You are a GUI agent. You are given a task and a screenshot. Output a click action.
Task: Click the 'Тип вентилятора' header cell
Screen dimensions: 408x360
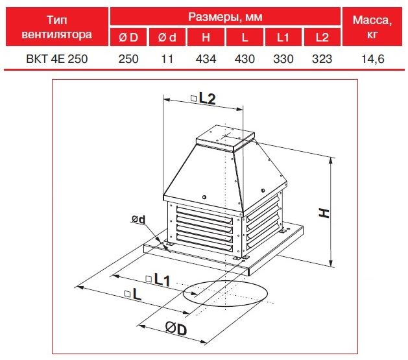pos(56,27)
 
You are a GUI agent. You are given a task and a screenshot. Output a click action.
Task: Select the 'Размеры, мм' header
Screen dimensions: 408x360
pos(225,16)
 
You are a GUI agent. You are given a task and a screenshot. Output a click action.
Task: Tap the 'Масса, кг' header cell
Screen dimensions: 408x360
pos(372,27)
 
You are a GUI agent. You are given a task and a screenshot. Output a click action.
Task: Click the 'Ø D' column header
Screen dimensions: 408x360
pos(128,37)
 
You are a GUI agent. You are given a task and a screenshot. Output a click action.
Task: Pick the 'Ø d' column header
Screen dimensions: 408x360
pos(167,37)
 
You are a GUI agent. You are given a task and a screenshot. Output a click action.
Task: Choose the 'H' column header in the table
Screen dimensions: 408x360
pos(206,37)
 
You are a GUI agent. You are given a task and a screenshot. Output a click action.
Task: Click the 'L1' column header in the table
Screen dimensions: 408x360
pos(283,37)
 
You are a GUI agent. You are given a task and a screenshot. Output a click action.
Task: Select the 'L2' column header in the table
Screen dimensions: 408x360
pos(322,37)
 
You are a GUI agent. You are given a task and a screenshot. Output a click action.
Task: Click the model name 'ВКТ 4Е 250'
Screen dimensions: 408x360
pos(57,59)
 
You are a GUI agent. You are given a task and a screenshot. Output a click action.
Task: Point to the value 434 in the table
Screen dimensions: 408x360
pos(206,59)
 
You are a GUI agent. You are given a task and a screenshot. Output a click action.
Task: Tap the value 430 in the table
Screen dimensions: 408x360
pos(245,59)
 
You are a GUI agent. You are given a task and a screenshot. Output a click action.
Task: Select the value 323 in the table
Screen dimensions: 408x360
pos(322,59)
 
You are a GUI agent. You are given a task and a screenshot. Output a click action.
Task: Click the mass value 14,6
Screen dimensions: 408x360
pos(372,59)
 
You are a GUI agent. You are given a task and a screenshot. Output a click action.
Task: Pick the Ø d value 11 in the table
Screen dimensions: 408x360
pos(167,59)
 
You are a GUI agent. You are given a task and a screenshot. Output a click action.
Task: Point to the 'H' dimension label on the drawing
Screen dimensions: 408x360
pos(324,213)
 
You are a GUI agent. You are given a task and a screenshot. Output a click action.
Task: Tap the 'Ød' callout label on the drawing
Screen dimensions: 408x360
pos(138,219)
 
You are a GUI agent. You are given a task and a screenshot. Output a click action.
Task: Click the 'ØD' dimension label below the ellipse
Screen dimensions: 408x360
pos(176,328)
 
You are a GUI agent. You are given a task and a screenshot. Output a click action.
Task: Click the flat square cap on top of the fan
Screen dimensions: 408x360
pos(225,138)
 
